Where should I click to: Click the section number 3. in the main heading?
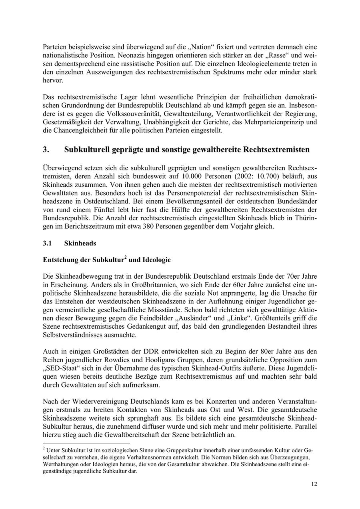click(x=46, y=150)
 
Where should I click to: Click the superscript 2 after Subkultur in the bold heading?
click(x=125, y=257)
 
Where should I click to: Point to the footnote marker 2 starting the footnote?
click(x=44, y=449)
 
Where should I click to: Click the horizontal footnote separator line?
click(x=86, y=444)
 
